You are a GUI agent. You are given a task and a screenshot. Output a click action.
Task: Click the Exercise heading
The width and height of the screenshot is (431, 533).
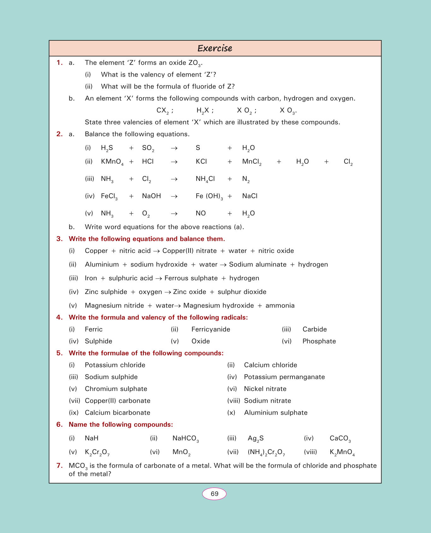point(215,48)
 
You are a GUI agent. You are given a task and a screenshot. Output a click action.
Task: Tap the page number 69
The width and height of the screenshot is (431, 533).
point(214,494)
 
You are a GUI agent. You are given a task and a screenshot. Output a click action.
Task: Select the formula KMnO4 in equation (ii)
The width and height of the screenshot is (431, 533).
point(112,162)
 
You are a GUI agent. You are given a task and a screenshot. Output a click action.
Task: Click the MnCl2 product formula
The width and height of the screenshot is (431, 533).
point(251,162)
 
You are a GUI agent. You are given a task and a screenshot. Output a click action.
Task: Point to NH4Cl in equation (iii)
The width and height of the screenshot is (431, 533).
point(205,179)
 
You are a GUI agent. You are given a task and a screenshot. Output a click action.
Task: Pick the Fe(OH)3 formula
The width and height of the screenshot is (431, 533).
point(209,196)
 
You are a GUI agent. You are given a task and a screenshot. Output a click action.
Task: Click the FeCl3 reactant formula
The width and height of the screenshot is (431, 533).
point(109,196)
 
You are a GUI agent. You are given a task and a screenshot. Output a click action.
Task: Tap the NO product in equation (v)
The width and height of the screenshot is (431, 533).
point(201,214)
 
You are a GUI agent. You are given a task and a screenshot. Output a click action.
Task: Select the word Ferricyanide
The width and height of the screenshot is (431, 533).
point(211,329)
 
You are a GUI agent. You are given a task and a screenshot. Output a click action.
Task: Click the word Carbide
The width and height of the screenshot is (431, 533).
point(315,329)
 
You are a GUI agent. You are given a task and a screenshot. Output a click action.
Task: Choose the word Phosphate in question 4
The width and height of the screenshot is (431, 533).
point(319,341)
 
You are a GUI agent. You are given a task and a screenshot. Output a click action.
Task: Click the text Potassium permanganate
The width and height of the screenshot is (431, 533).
point(284,377)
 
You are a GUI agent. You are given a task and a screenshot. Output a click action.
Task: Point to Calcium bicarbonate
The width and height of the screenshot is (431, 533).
point(117,413)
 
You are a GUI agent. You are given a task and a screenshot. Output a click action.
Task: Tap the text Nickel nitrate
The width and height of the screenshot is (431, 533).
point(265,389)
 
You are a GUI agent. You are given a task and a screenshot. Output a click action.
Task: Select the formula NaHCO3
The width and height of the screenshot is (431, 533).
point(186,438)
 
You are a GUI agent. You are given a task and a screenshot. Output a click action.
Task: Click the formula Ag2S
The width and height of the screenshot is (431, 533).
point(256,438)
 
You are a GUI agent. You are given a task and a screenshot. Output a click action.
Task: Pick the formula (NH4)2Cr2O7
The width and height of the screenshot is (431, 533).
point(266,452)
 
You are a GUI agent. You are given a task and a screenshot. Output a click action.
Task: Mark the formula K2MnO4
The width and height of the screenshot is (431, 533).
point(342,452)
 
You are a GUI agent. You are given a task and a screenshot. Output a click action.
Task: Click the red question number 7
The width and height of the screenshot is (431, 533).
point(59,466)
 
